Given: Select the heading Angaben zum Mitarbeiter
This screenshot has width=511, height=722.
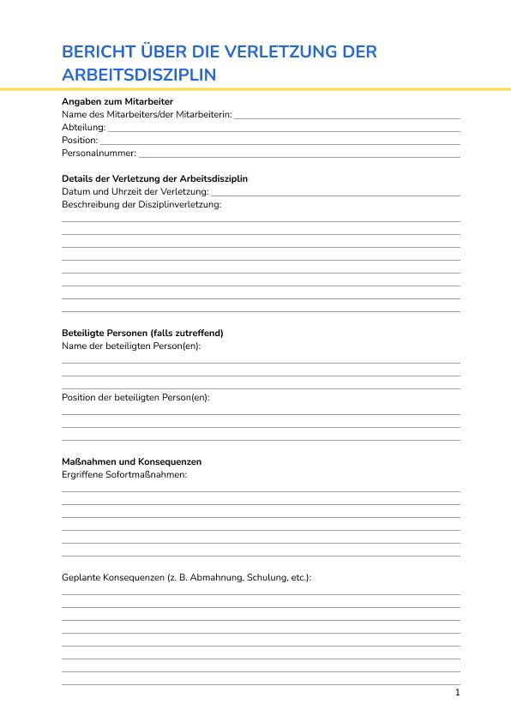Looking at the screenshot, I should (117, 101).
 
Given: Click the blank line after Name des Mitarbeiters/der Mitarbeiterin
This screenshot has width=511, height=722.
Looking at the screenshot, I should (347, 116).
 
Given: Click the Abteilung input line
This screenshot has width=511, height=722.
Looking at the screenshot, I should (284, 129).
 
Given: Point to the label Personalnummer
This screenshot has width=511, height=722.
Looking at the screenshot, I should (99, 153).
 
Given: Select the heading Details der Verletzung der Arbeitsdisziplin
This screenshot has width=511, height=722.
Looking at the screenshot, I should (154, 178).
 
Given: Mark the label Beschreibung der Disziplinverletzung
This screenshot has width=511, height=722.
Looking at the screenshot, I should (141, 204).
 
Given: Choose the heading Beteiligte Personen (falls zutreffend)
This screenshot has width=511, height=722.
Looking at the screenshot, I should (142, 333).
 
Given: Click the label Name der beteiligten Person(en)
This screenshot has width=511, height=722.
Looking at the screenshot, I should (131, 346).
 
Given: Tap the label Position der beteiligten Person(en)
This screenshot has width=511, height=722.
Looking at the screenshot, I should (135, 398).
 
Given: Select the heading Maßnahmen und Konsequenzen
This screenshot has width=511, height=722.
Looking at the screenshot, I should (132, 461).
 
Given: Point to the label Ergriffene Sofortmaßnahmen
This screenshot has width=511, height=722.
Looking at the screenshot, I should (124, 474).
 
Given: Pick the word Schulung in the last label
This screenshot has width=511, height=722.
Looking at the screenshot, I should (267, 578).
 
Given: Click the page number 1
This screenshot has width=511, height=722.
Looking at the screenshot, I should (458, 692).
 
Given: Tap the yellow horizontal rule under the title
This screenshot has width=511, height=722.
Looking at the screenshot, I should (255, 88).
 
